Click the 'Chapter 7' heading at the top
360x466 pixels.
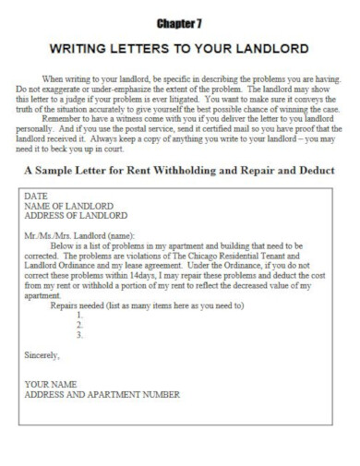pyautogui.click(x=179, y=19)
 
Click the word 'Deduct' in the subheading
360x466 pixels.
pyautogui.click(x=312, y=172)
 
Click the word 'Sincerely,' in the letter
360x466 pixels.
pyautogui.click(x=42, y=353)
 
